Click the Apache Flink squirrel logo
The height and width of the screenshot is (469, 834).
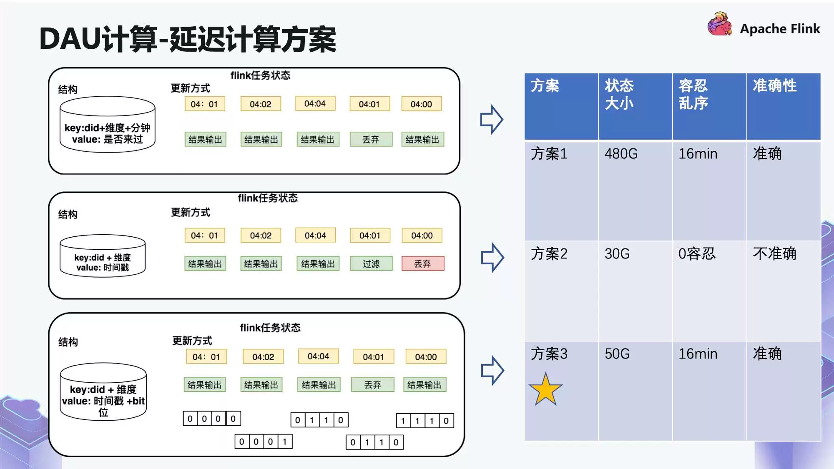coord(719,24)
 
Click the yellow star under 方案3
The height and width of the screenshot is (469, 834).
coord(545,390)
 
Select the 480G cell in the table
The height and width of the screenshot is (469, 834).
coord(635,191)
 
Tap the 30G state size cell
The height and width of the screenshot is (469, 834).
coord(635,291)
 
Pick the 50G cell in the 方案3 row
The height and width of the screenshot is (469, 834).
coord(635,391)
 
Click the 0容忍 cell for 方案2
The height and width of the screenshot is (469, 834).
coord(709,291)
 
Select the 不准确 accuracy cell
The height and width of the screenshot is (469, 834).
coord(783,291)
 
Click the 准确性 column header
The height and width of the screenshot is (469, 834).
coord(783,106)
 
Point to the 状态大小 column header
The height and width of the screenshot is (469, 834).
coord(635,106)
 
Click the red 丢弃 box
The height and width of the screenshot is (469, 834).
coord(422,263)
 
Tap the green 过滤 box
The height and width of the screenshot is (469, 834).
coord(371,263)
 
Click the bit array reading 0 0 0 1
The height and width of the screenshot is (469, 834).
coord(263,441)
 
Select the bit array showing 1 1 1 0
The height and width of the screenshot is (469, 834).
coord(425,421)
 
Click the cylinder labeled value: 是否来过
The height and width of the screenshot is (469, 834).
coord(107,125)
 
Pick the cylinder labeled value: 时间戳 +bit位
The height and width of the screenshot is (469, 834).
coord(103,392)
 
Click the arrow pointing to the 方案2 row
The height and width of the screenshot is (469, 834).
coord(492,258)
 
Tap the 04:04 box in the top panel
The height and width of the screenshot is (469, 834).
coord(315,103)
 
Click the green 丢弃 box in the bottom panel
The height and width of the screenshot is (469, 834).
coord(372,384)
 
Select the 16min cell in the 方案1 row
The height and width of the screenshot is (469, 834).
coord(709,191)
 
